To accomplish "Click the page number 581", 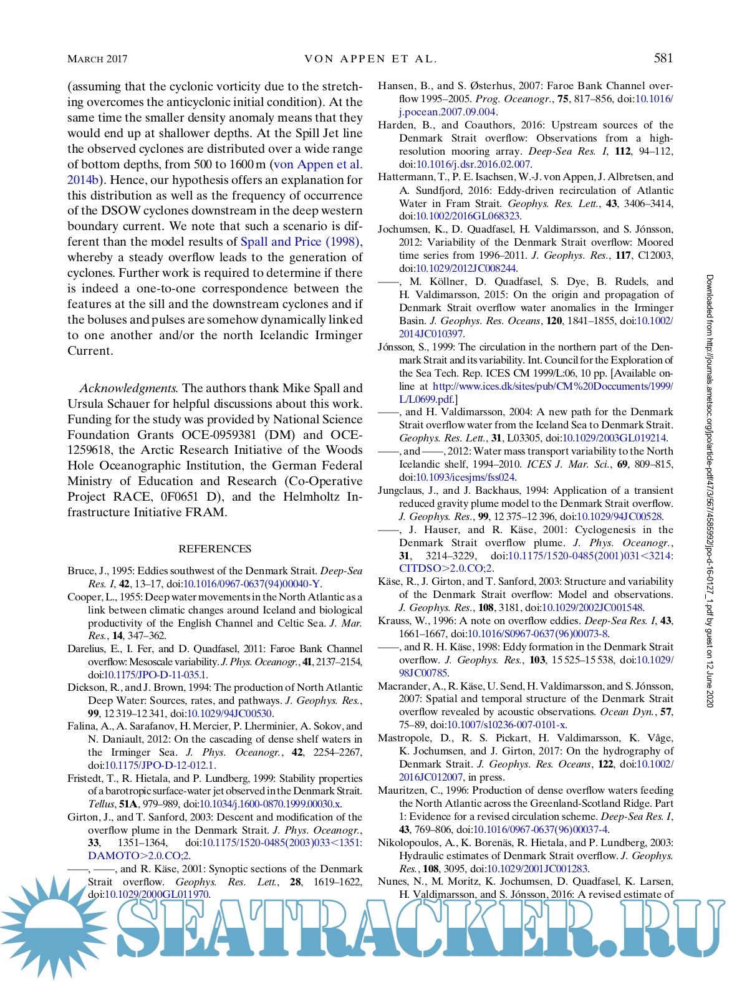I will point(663,58).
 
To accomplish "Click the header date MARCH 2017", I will point(97,59).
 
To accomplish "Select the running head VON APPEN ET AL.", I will point(370,59).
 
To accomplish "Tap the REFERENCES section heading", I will point(214,549).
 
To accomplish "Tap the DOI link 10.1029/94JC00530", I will point(229,713).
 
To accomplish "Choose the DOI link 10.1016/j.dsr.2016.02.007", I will point(473,165).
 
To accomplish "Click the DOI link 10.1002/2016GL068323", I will point(468,216).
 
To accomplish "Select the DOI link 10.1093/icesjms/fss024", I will point(465,478).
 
